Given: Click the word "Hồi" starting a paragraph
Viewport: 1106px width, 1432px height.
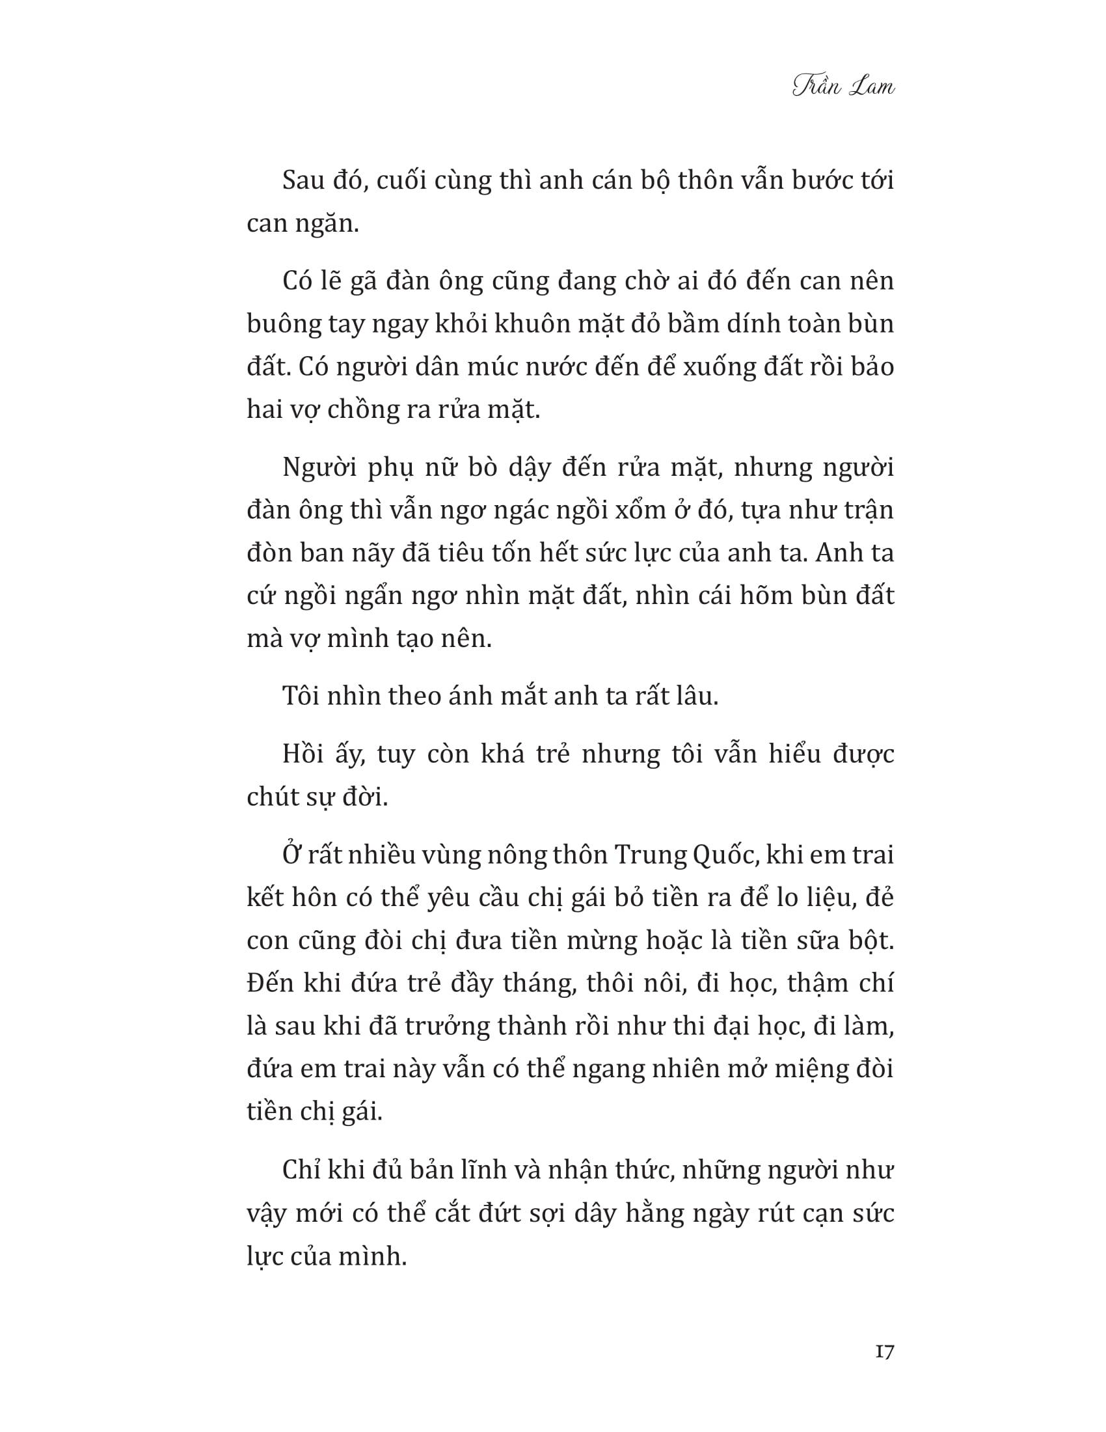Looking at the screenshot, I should tap(303, 754).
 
